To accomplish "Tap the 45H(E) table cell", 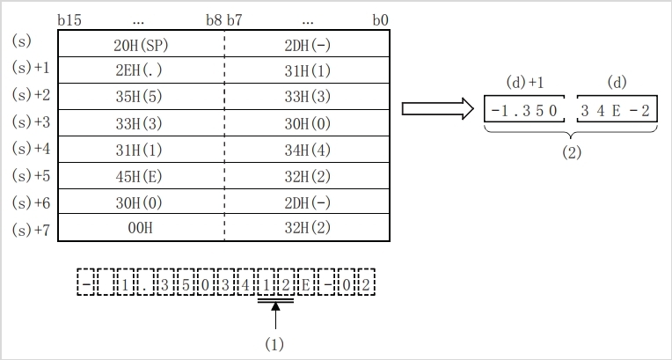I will [141, 175].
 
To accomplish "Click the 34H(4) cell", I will [308, 149].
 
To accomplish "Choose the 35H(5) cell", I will [141, 97].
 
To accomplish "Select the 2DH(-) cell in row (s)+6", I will [308, 202].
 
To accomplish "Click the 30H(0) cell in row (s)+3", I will [308, 123].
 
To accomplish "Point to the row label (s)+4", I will [31, 149].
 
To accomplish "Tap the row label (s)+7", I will [31, 230].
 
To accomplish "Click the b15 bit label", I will [68, 19].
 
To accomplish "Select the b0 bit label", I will [381, 19].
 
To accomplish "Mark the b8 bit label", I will [214, 19].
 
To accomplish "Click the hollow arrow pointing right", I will [436, 109].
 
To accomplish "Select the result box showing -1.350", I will [527, 111].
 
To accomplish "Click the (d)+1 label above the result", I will [526, 83].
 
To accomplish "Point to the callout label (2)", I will [573, 151].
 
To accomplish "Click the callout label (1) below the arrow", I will [275, 344].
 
